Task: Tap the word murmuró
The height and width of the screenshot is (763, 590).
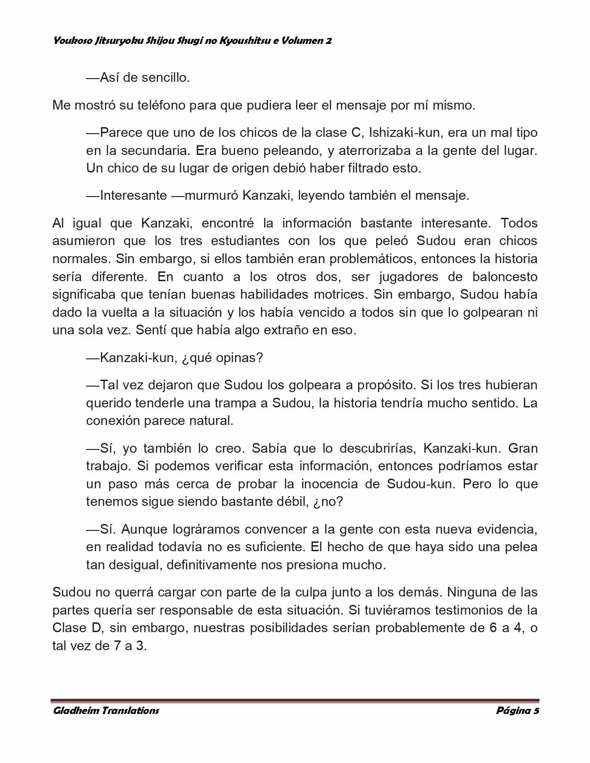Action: click(x=212, y=196)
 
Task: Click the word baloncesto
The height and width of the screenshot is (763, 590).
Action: click(x=505, y=277)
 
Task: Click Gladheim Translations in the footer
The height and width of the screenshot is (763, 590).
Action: click(x=106, y=710)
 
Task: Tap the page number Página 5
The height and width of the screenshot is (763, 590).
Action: click(x=517, y=710)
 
